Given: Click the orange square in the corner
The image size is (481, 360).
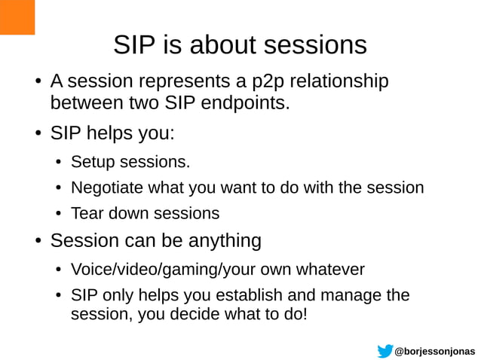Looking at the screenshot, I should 17,17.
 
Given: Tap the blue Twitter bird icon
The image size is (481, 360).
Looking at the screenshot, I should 385,351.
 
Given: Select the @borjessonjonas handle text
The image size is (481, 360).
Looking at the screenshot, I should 436,352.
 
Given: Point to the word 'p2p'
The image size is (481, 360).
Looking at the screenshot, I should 263,81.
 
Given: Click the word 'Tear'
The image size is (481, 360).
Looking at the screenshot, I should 87,213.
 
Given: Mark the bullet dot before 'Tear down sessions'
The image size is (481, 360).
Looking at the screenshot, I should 57,214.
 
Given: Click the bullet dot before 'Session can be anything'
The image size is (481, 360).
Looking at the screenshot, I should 36,242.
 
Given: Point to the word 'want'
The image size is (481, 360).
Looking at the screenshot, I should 237,188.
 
